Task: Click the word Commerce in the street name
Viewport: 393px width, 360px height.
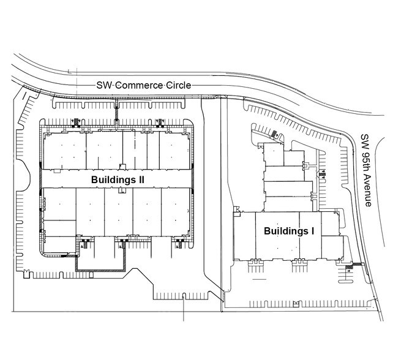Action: coord(134,86)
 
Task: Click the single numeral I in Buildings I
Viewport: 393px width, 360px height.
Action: coord(312,231)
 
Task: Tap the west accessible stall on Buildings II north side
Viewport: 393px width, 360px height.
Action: coord(77,121)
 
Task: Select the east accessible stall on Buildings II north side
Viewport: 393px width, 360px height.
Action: coord(160,121)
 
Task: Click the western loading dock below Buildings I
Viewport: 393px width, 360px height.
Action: coord(253,266)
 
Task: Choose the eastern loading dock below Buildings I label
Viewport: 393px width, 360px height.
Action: coord(298,266)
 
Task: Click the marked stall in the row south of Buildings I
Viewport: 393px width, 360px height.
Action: coord(295,303)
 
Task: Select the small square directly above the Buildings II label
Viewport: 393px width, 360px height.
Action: coord(122,166)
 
